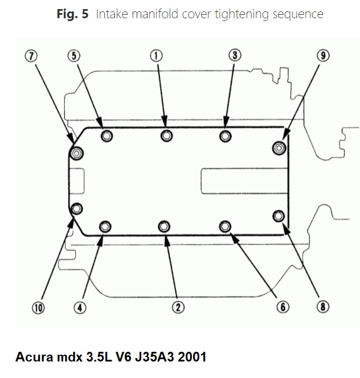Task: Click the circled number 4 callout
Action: pyautogui.click(x=79, y=308)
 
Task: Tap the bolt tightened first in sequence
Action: pyautogui.click(x=166, y=135)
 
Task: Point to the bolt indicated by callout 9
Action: pyautogui.click(x=278, y=148)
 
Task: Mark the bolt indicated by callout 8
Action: pyautogui.click(x=278, y=215)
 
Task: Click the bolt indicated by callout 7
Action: pyautogui.click(x=76, y=153)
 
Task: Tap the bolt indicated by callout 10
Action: pyautogui.click(x=76, y=208)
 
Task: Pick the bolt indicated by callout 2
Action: pyautogui.click(x=163, y=227)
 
